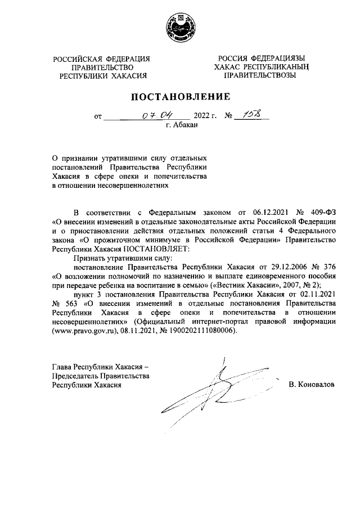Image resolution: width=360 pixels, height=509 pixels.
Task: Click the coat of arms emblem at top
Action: click(x=179, y=28)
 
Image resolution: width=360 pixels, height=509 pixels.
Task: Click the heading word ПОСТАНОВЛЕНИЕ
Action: click(x=180, y=96)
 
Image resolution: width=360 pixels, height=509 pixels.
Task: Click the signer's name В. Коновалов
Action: click(x=311, y=385)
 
